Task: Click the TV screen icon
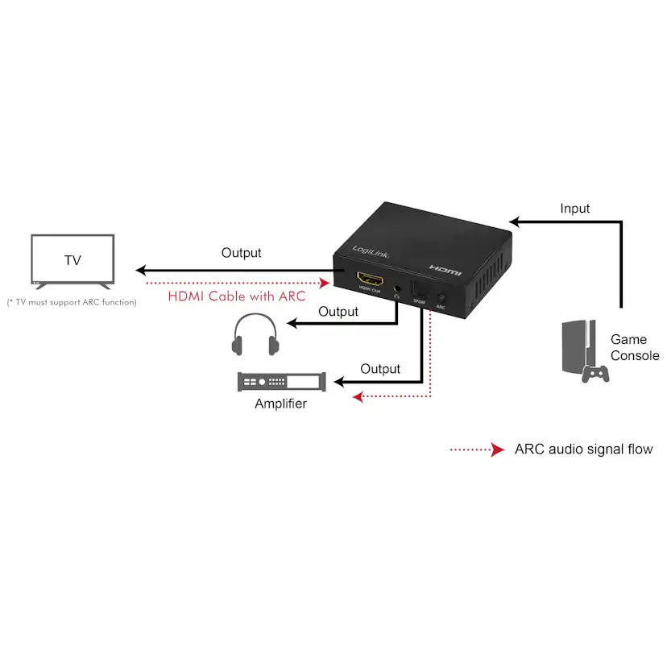pos(72,260)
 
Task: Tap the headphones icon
pos(255,336)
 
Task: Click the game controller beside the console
pos(596,372)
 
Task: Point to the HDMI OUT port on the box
pos(370,281)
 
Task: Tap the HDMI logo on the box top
pos(445,270)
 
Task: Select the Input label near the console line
pos(574,209)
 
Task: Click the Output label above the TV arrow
pos(242,253)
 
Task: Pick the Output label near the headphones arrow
pos(338,311)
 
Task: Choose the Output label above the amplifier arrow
pos(380,369)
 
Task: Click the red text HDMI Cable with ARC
pos(236,296)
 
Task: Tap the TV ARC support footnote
pos(72,302)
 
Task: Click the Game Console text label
pos(634,347)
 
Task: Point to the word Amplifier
pos(280,404)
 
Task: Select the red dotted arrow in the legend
pos(476,450)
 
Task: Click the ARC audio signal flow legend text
pos(583,449)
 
